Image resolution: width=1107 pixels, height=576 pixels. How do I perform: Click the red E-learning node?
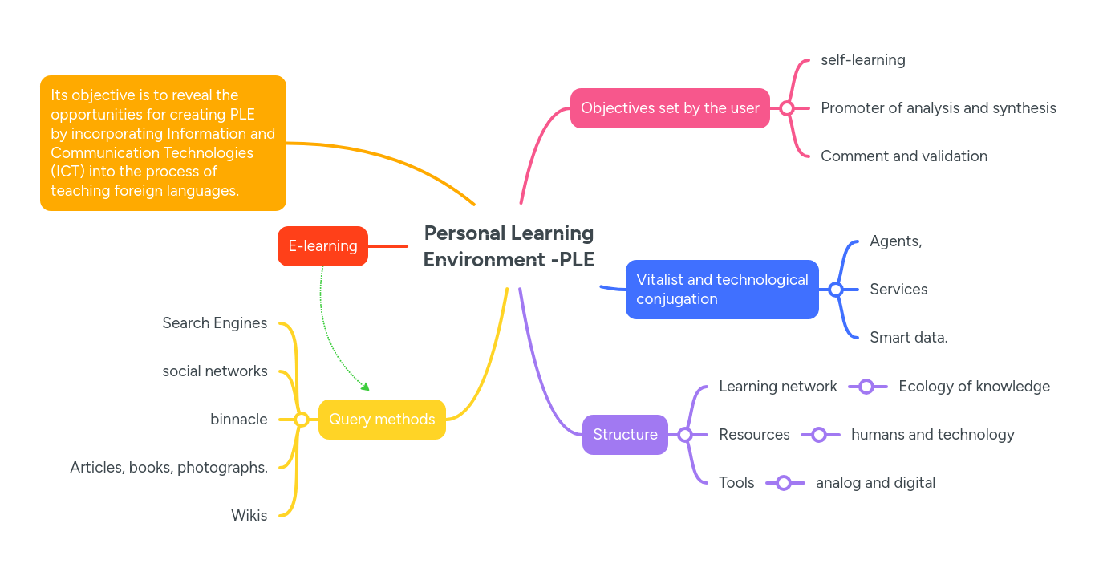[x=322, y=246]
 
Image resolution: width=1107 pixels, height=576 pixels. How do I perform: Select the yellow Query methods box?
[x=382, y=420]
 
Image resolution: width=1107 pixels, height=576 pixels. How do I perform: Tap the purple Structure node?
[x=625, y=435]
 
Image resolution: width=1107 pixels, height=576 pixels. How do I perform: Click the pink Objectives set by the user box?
[x=670, y=108]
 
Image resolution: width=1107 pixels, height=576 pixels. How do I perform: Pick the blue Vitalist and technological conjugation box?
[x=722, y=290]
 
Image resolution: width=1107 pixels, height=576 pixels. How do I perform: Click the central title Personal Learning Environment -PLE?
[x=509, y=246]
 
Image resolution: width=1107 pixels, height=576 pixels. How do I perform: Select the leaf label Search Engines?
[x=214, y=323]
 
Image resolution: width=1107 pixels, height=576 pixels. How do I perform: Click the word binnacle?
[x=238, y=420]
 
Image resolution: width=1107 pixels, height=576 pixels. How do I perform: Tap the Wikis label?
[x=249, y=516]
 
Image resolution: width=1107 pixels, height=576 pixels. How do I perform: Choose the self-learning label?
[x=862, y=60]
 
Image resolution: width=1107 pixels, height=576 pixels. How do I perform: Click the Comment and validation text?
[x=903, y=156]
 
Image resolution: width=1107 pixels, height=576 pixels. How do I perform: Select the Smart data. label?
[x=908, y=338]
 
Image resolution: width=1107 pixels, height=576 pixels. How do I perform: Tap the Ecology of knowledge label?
[x=974, y=387]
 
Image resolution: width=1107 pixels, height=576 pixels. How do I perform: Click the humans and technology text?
[x=932, y=435]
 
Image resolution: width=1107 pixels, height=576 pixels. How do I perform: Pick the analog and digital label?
[x=875, y=483]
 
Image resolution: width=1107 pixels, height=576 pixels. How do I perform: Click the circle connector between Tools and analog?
[x=784, y=483]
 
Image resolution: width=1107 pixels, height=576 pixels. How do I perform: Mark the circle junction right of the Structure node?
[x=685, y=435]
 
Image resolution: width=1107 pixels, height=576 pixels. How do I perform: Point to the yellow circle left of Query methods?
[x=302, y=420]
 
